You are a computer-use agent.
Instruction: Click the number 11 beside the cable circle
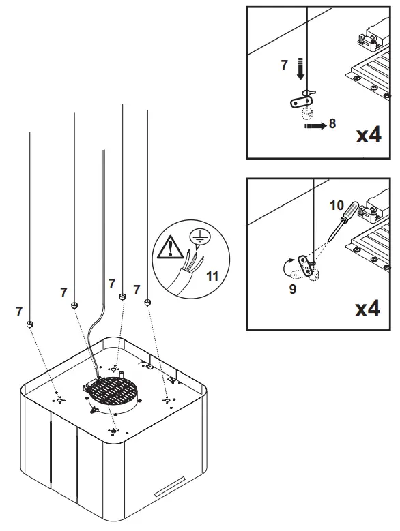[x=212, y=277]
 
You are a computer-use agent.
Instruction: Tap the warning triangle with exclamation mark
[x=167, y=246]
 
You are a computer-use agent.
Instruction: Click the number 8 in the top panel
[x=332, y=124]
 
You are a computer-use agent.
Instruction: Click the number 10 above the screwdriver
[x=337, y=204]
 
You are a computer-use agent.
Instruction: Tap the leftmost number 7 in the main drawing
[x=19, y=312]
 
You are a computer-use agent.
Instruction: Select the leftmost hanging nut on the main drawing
[x=30, y=323]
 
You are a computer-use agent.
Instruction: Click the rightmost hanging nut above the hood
[x=147, y=301]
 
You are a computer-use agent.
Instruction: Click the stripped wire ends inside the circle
[x=193, y=260]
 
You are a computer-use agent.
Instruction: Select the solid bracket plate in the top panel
[x=299, y=102]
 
